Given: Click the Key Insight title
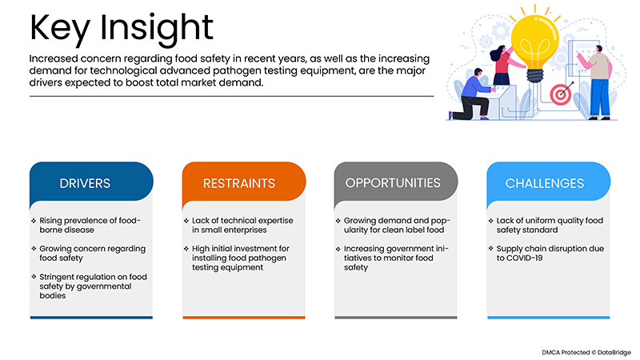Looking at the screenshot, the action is [x=122, y=29].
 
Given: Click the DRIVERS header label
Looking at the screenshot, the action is [x=85, y=183].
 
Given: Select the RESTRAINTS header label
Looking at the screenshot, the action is [x=239, y=183].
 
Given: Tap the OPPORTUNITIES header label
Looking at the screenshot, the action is [x=393, y=183].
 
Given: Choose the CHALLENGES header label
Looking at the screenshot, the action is [x=545, y=183].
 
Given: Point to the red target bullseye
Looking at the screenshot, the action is [x=561, y=94].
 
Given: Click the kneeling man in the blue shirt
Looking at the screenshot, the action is [x=471, y=96].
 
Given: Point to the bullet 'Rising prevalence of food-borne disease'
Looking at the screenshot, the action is [x=90, y=225].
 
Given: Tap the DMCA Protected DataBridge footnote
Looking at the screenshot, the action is [x=586, y=352].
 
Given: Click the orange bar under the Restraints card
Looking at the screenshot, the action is [x=244, y=317].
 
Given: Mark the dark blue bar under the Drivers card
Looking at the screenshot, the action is [x=91, y=317].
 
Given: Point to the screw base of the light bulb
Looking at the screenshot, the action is [x=534, y=75].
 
